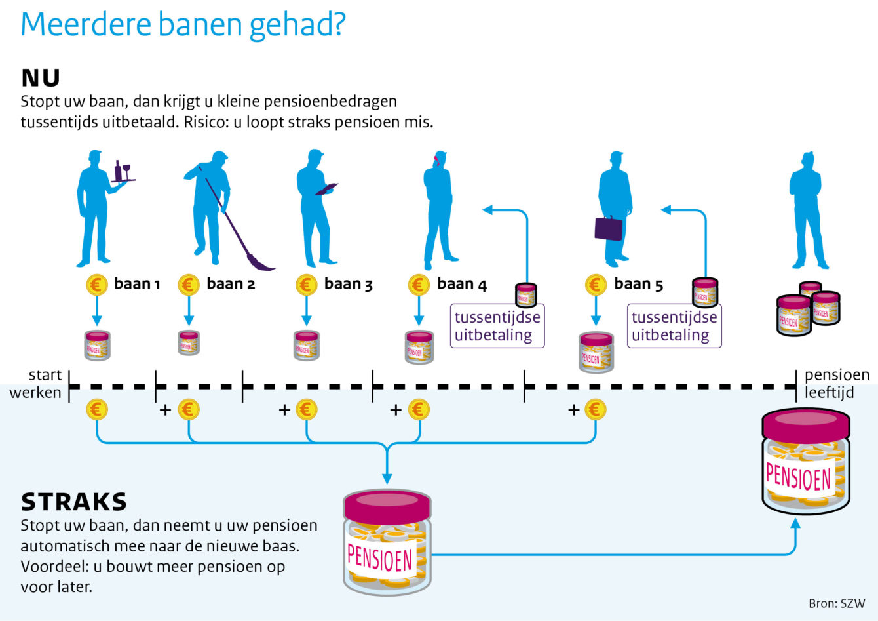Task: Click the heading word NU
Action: pyautogui.click(x=41, y=77)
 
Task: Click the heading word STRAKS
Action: pyautogui.click(x=74, y=502)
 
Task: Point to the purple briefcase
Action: pyautogui.click(x=608, y=228)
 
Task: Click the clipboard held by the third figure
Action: pyautogui.click(x=326, y=189)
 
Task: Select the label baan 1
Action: pyautogui.click(x=137, y=284)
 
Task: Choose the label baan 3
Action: pyautogui.click(x=348, y=284)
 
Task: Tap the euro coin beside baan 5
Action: pyautogui.click(x=596, y=285)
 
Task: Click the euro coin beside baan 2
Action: pyautogui.click(x=189, y=285)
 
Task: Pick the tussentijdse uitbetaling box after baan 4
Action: pyautogui.click(x=497, y=326)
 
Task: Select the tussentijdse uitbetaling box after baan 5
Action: pyautogui.click(x=674, y=326)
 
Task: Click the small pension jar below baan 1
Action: pyautogui.click(x=97, y=345)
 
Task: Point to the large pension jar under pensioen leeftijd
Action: pyautogui.click(x=806, y=462)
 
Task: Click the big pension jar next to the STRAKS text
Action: pyautogui.click(x=387, y=542)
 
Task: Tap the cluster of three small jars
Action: pyautogui.click(x=809, y=309)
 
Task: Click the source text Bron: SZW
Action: pyautogui.click(x=837, y=603)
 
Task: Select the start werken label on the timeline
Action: pyautogui.click(x=35, y=384)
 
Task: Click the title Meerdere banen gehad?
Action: pyautogui.click(x=183, y=24)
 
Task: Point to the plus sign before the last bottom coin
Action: pyautogui.click(x=574, y=410)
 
